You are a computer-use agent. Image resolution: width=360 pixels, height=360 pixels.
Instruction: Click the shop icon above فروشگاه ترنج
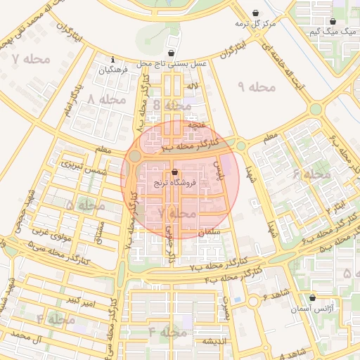click(175, 172)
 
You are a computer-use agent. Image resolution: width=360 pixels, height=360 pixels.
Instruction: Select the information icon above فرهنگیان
click(113, 60)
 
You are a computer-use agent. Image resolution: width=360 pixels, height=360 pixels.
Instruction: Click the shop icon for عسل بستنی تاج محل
click(172, 53)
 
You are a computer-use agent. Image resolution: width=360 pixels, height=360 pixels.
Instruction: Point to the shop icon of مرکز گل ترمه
click(254, 13)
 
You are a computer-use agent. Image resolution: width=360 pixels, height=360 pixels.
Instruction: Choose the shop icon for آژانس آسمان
click(312, 298)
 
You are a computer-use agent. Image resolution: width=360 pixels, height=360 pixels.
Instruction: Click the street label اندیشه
click(213, 341)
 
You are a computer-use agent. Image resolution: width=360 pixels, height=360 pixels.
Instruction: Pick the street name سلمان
click(210, 231)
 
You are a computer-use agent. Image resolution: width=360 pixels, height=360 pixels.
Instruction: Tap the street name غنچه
click(196, 124)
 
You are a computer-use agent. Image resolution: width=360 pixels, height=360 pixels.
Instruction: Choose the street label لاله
click(192, 86)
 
